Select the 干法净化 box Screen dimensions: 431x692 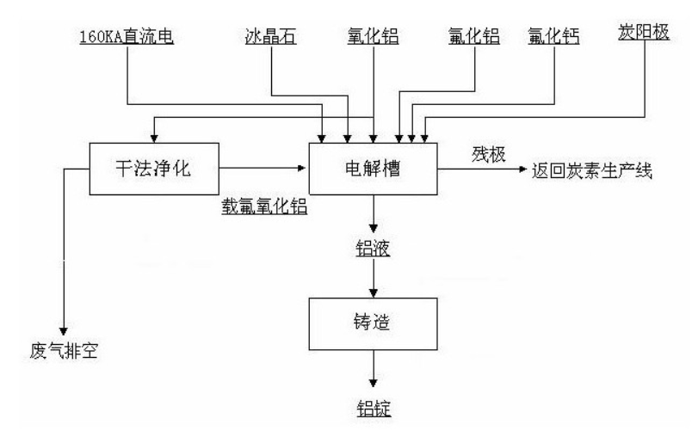[151, 168]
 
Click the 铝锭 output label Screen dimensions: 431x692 [373, 404]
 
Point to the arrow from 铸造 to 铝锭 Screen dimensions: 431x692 [373, 373]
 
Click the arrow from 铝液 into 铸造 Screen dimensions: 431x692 [373, 277]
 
